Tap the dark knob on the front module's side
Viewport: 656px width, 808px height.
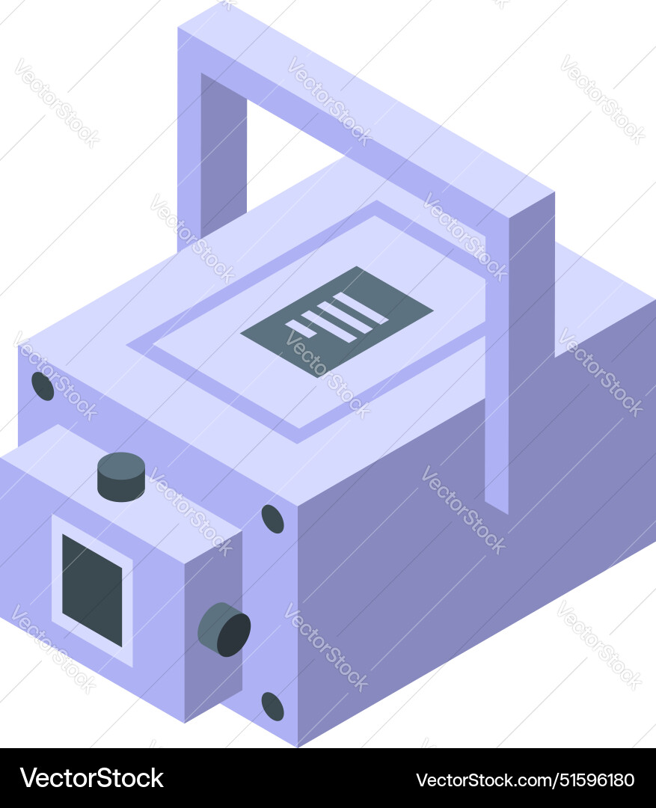pyautogui.click(x=224, y=629)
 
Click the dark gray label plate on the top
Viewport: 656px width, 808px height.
pyautogui.click(x=337, y=321)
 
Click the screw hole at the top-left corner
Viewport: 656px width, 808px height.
pyautogui.click(x=43, y=386)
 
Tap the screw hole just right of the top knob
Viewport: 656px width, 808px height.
pyautogui.click(x=272, y=518)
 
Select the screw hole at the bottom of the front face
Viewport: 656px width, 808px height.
pyautogui.click(x=272, y=706)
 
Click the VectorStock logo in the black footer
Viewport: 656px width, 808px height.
pyautogui.click(x=92, y=778)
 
